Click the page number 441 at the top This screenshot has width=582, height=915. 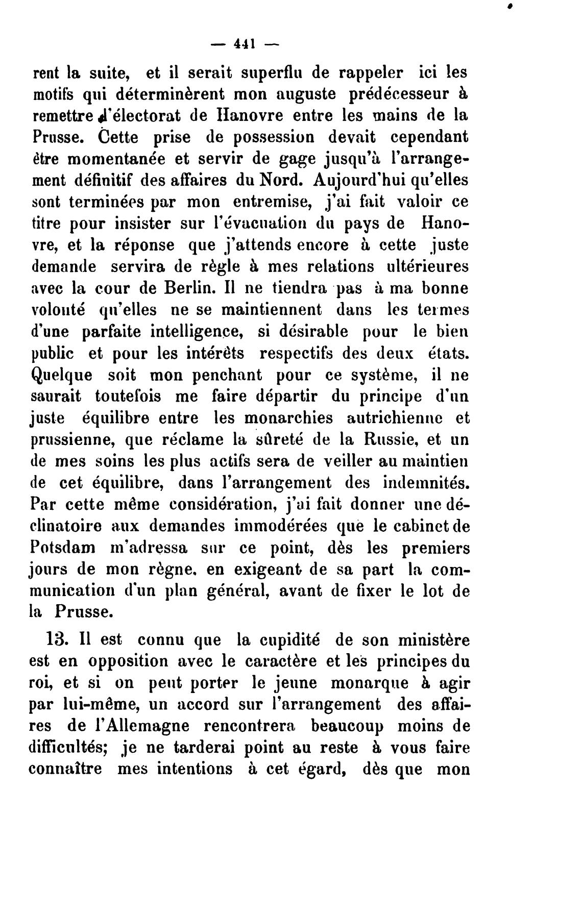244,44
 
